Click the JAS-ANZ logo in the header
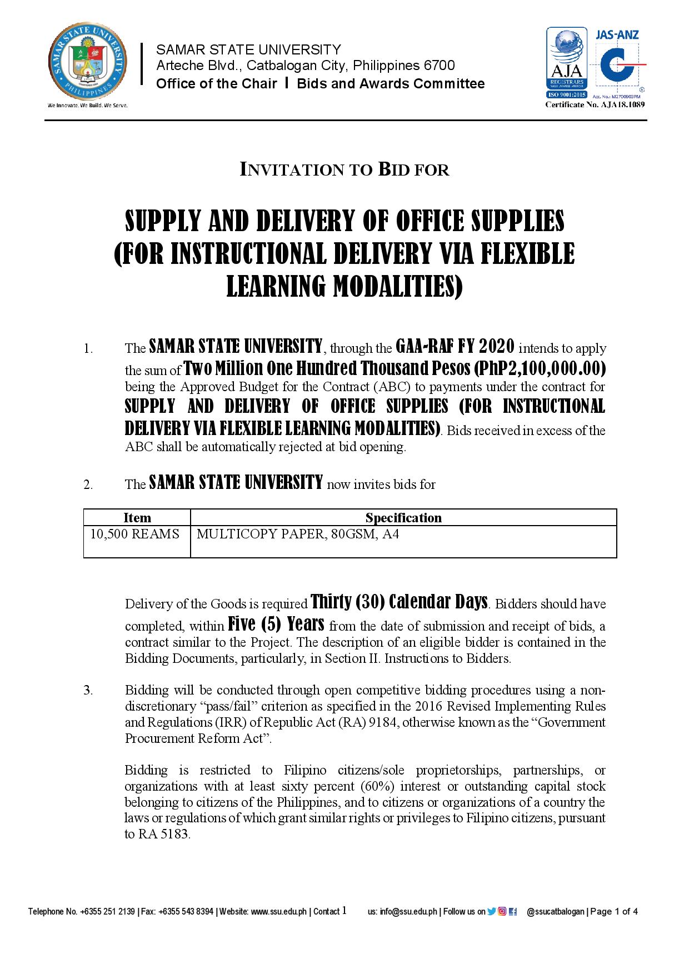click(x=618, y=61)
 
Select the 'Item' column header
click(x=137, y=518)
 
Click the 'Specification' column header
click(x=403, y=518)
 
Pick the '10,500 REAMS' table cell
click(x=135, y=535)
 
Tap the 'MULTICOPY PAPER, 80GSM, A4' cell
click(x=298, y=535)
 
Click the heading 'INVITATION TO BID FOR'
click(x=344, y=169)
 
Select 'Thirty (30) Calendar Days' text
click(x=400, y=602)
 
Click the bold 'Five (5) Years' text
click(x=276, y=625)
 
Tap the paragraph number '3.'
click(x=88, y=691)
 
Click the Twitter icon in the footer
click(x=491, y=911)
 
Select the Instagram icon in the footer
click(x=502, y=911)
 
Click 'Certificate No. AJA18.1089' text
click(x=595, y=104)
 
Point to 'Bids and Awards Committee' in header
click(x=391, y=84)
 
